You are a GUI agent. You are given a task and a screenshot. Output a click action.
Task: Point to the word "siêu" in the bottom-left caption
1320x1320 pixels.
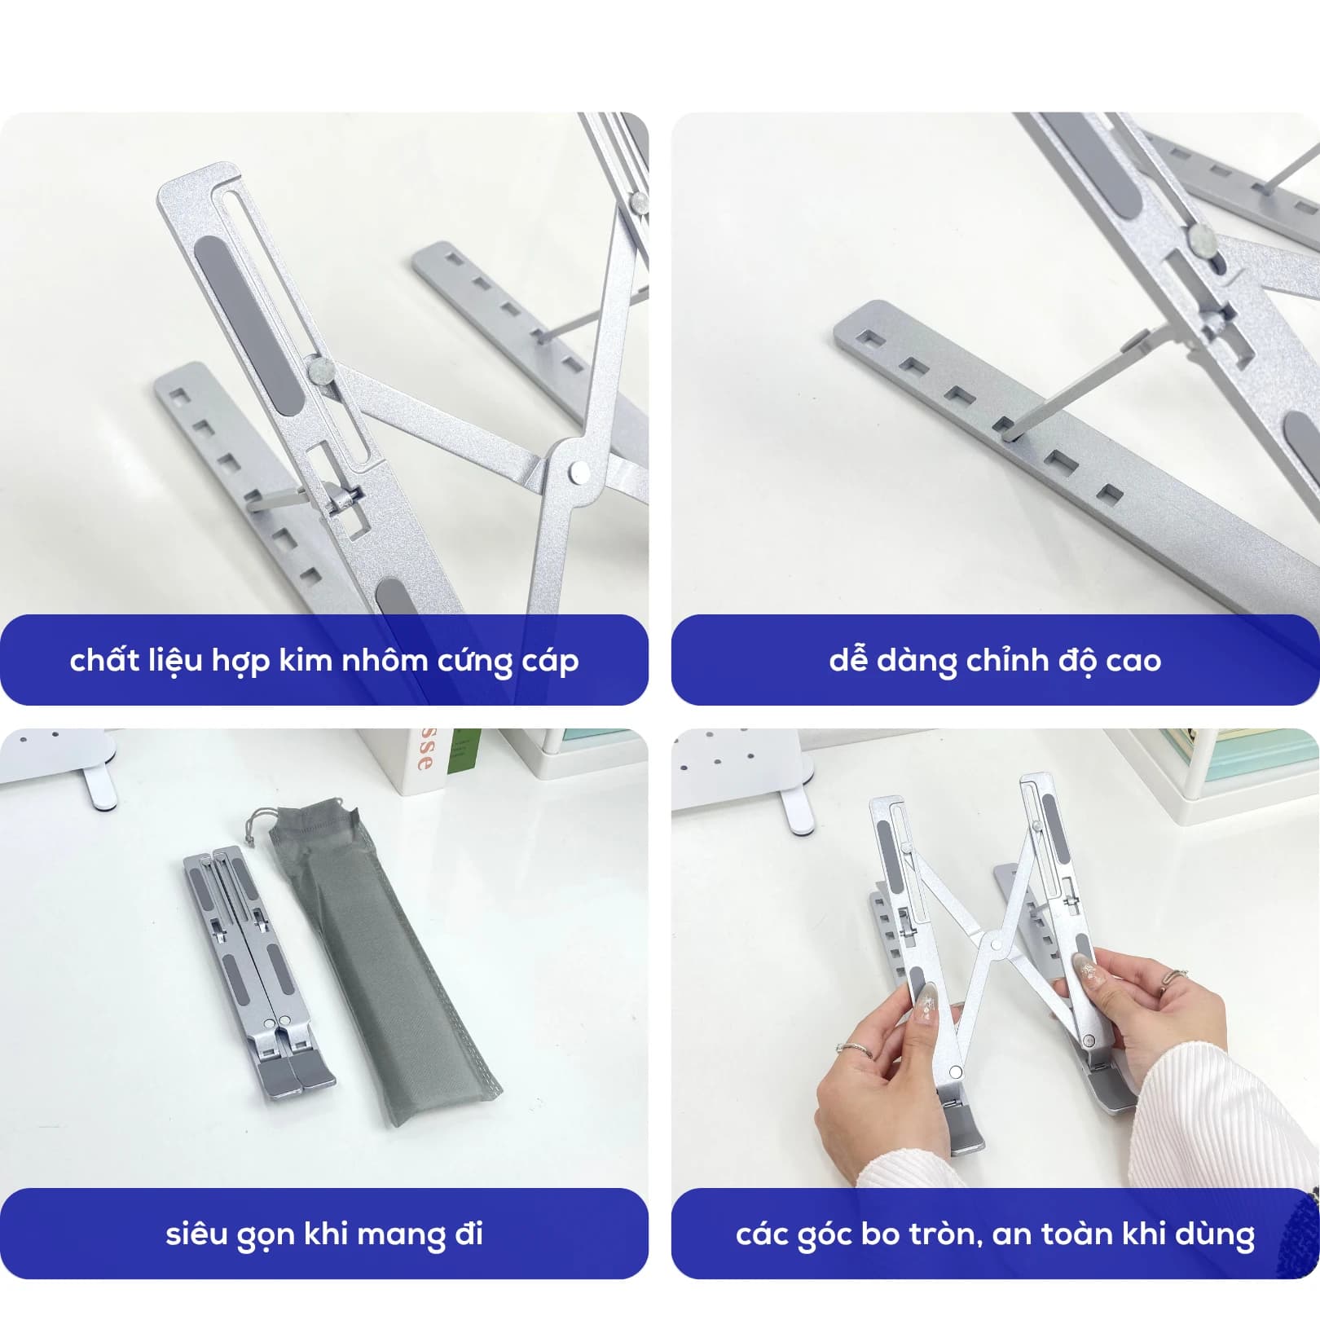click(196, 1234)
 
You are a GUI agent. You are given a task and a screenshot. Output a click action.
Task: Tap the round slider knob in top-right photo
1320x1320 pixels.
click(1200, 239)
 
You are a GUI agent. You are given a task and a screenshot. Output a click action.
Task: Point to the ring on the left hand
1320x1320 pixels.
click(855, 1050)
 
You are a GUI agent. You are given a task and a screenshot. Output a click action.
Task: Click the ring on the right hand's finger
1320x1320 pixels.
click(1173, 977)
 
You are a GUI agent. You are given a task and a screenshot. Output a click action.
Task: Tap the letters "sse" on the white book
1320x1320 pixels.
click(425, 751)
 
